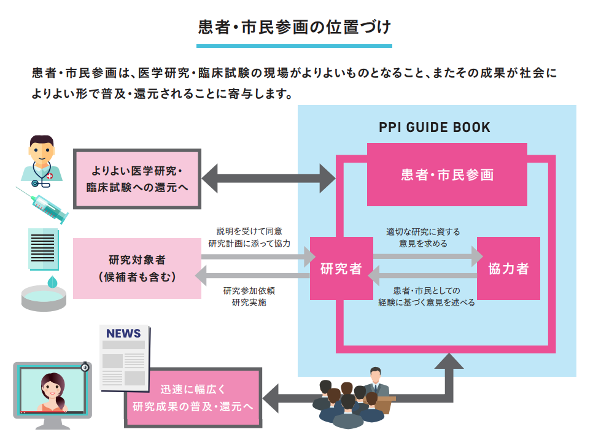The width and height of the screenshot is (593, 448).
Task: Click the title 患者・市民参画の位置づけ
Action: click(294, 28)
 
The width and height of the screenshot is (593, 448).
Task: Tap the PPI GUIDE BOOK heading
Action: click(434, 128)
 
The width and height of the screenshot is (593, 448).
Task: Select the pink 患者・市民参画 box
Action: click(447, 175)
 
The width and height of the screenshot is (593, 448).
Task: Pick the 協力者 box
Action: click(508, 268)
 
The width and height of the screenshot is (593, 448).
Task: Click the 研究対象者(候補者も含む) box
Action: click(137, 268)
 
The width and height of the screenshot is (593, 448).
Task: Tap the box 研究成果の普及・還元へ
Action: click(193, 398)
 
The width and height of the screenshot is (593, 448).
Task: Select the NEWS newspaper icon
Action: click(123, 357)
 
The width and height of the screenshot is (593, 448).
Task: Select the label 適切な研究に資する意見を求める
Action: click(423, 238)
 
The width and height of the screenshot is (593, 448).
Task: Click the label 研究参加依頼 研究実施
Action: click(249, 296)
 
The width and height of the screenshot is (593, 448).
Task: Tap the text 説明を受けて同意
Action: click(249, 231)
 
